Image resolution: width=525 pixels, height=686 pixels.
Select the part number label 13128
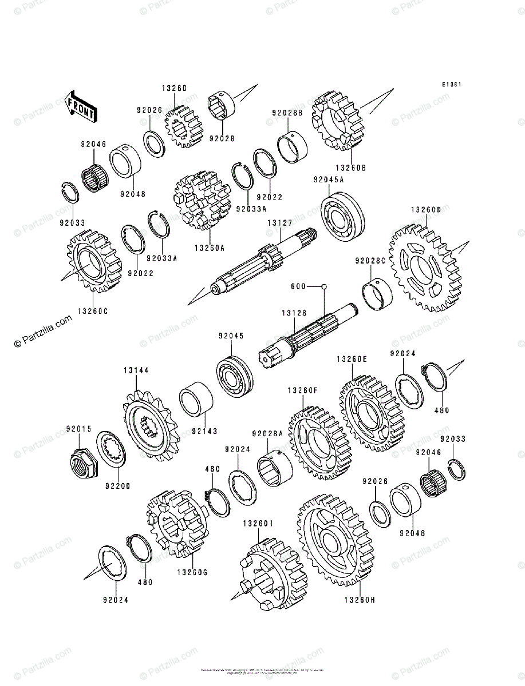[x=293, y=313]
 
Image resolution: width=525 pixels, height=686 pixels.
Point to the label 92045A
[x=328, y=180]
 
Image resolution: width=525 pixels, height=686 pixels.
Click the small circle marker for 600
[x=323, y=286]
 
